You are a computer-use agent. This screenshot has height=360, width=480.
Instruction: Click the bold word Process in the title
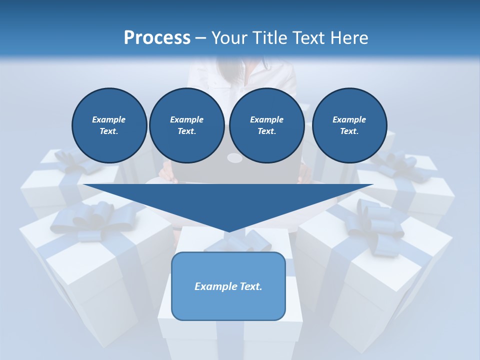coord(157,37)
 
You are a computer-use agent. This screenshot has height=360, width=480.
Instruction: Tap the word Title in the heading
coord(269,37)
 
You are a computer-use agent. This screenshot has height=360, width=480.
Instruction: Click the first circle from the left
coord(109,125)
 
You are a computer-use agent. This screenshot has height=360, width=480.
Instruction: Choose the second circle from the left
coord(186,125)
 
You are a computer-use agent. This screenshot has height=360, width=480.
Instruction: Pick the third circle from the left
coord(266,125)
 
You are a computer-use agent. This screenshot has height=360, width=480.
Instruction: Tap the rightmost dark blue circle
coord(349,125)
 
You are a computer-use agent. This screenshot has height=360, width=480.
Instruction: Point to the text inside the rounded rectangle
coord(228,286)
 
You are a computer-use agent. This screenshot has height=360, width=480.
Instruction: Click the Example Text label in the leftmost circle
coord(109,125)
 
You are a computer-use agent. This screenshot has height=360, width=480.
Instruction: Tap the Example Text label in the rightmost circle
coord(349,125)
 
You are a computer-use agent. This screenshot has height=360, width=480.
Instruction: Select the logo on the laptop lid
coord(234,158)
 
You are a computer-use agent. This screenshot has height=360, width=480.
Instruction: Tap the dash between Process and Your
coord(200,38)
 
